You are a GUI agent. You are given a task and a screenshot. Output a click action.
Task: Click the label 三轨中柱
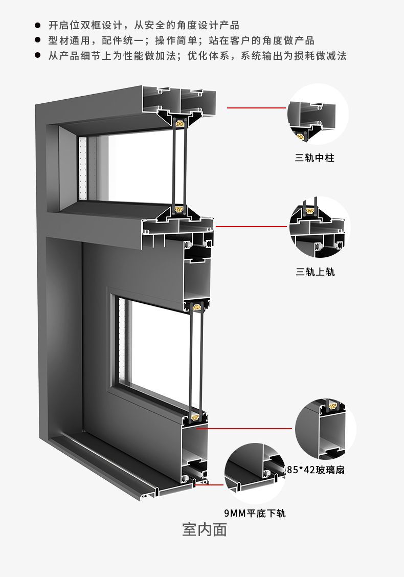tap(315, 159)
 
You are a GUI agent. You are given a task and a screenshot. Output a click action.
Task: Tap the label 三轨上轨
tap(315, 272)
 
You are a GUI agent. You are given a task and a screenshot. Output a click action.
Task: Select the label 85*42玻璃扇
tap(316, 470)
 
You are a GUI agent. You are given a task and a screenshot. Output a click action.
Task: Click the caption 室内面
tap(205, 530)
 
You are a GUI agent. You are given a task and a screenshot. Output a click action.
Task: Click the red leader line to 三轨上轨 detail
tap(251, 226)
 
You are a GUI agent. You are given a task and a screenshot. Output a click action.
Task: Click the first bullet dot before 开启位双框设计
tap(37, 25)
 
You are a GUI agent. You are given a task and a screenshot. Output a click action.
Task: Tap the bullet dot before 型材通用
tap(37, 40)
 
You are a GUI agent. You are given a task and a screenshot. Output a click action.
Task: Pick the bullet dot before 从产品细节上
tap(37, 56)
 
